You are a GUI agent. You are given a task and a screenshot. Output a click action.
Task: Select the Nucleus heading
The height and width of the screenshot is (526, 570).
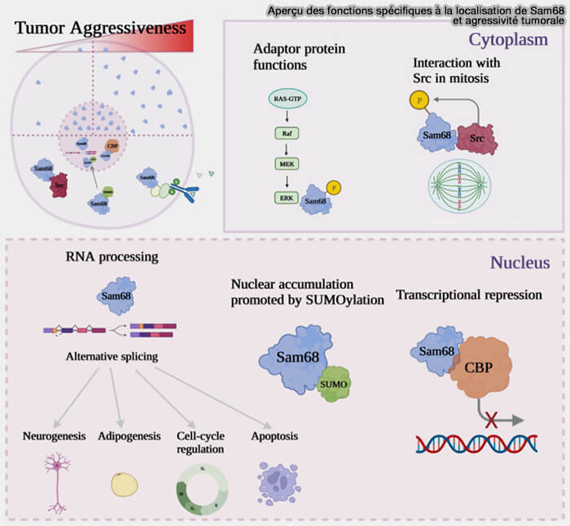[519, 262]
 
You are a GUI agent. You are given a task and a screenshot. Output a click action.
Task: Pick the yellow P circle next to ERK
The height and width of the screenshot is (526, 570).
[333, 188]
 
